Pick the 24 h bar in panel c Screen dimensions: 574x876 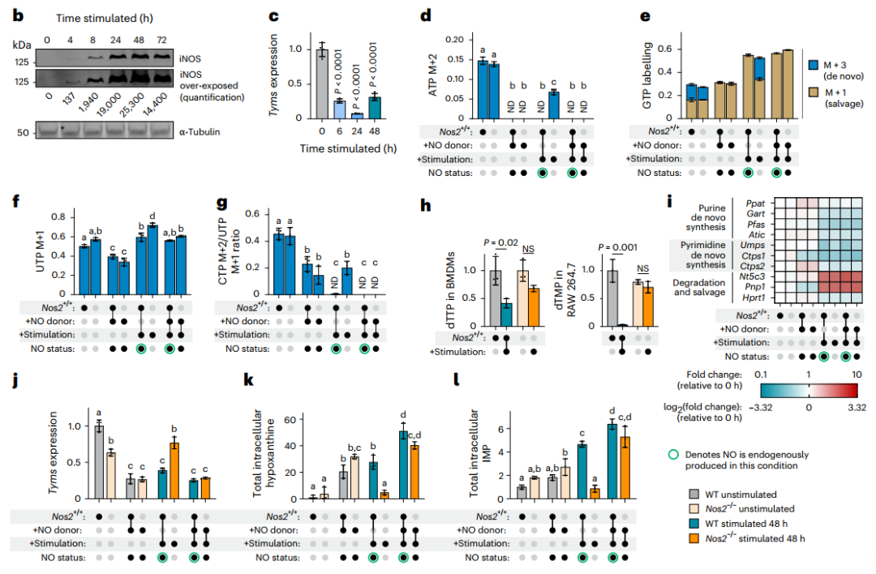[x=357, y=115]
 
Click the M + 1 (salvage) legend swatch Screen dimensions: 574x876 [x=814, y=92]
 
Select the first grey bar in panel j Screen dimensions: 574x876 [x=98, y=463]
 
